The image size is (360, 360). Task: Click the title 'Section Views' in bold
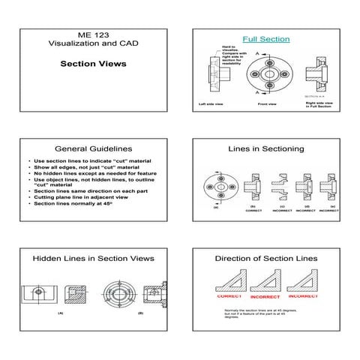[x=93, y=64]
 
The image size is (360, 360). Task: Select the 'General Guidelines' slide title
[x=93, y=149]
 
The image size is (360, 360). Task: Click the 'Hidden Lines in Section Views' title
[x=93, y=258]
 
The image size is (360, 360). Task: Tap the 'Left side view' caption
[x=212, y=104]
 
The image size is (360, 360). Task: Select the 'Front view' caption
[x=268, y=104]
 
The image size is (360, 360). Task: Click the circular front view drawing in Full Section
[x=268, y=75]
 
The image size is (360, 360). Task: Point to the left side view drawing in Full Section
[x=211, y=75]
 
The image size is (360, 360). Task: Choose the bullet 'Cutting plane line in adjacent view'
[x=78, y=197]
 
